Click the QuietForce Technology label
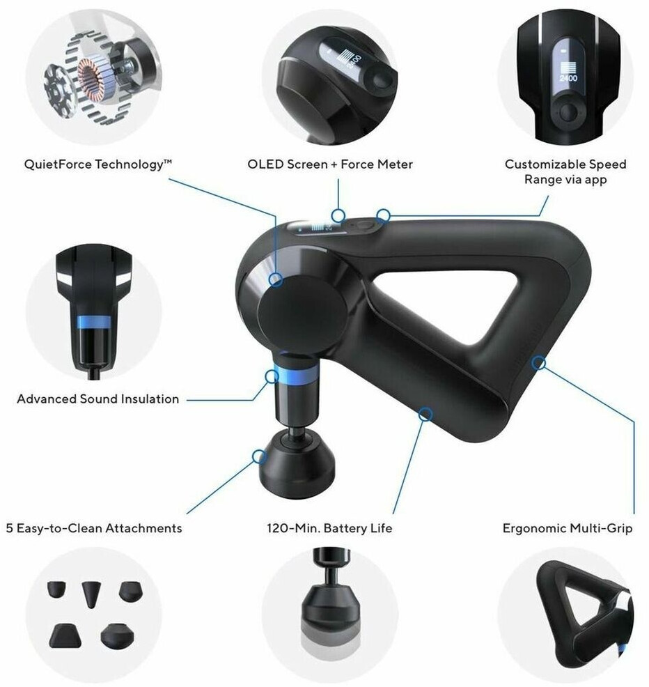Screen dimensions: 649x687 (x=98, y=164)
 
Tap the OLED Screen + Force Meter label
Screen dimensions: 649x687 (x=330, y=164)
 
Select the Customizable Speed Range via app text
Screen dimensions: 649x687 (x=565, y=171)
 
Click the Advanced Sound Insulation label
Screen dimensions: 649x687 (x=98, y=399)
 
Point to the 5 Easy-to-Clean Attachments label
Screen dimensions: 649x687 (x=94, y=528)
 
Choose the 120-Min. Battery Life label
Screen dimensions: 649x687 (x=329, y=528)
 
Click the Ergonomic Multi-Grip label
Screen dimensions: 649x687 (x=568, y=528)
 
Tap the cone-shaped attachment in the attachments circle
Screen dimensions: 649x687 (x=91, y=594)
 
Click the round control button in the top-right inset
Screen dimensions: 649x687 (x=568, y=113)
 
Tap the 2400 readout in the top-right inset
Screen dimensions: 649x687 (x=568, y=78)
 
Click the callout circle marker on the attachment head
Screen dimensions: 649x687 (x=259, y=456)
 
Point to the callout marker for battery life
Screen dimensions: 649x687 (x=425, y=414)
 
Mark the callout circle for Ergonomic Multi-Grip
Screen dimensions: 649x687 (x=539, y=363)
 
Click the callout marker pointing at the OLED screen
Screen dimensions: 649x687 (x=338, y=215)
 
